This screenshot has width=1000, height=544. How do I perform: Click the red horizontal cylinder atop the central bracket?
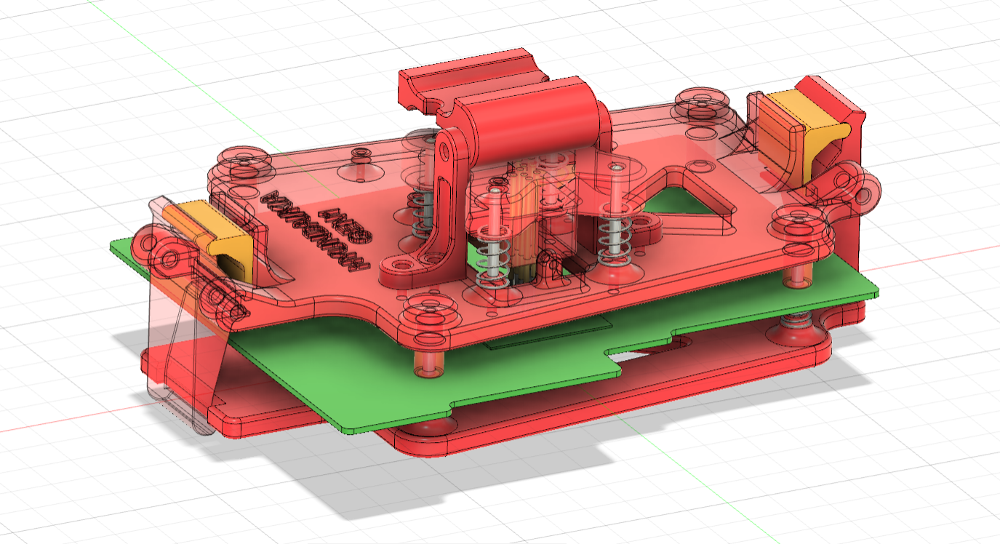point(535,116)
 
